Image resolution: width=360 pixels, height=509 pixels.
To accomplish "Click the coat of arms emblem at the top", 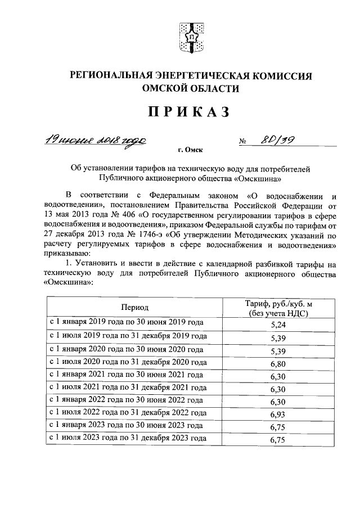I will click(x=191, y=37).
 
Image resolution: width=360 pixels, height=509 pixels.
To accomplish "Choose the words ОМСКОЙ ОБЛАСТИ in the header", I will click(x=191, y=89).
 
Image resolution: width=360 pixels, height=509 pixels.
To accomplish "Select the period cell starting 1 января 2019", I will click(x=127, y=322).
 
